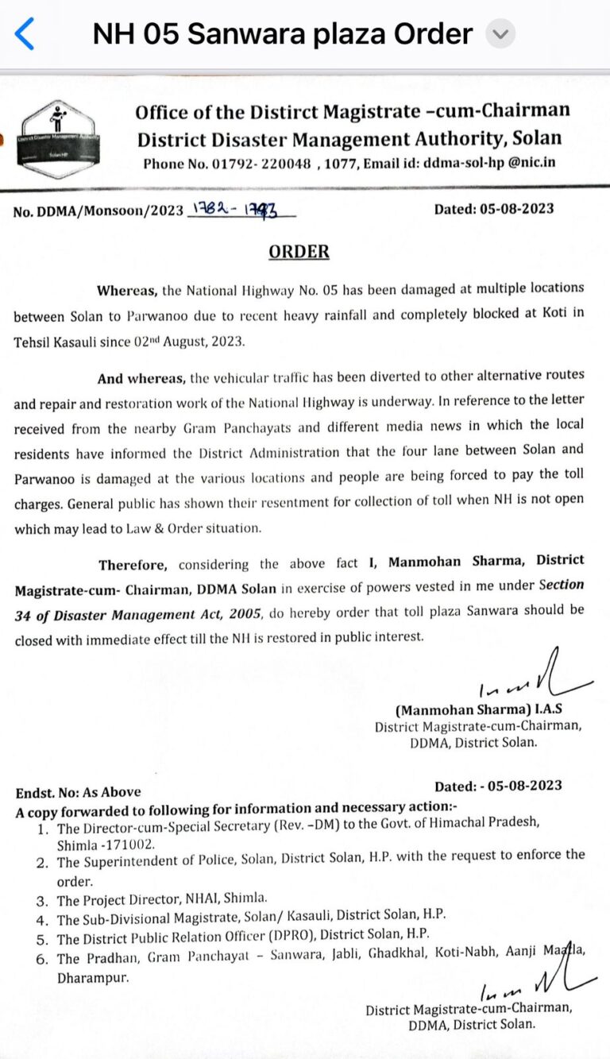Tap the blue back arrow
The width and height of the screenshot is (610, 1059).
click(x=25, y=34)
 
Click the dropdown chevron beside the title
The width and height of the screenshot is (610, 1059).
click(x=500, y=34)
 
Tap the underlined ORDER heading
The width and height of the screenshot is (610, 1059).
click(x=299, y=252)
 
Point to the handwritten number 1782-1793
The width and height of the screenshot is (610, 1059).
click(x=239, y=211)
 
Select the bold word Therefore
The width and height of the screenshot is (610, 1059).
click(x=133, y=565)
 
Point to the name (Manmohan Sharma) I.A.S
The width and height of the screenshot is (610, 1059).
click(x=479, y=709)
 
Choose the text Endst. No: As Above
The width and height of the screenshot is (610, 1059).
click(x=79, y=791)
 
